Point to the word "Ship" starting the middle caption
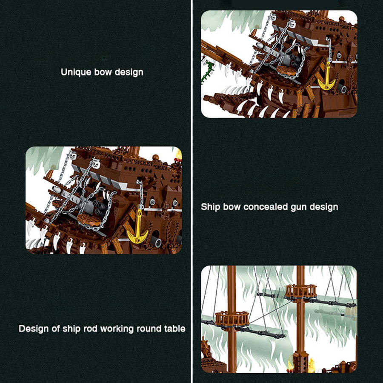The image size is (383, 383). coord(210,207)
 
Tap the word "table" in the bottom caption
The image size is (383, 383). coord(174,329)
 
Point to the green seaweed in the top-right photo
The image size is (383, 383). coord(209,70)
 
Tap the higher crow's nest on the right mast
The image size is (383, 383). coord(300,291)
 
